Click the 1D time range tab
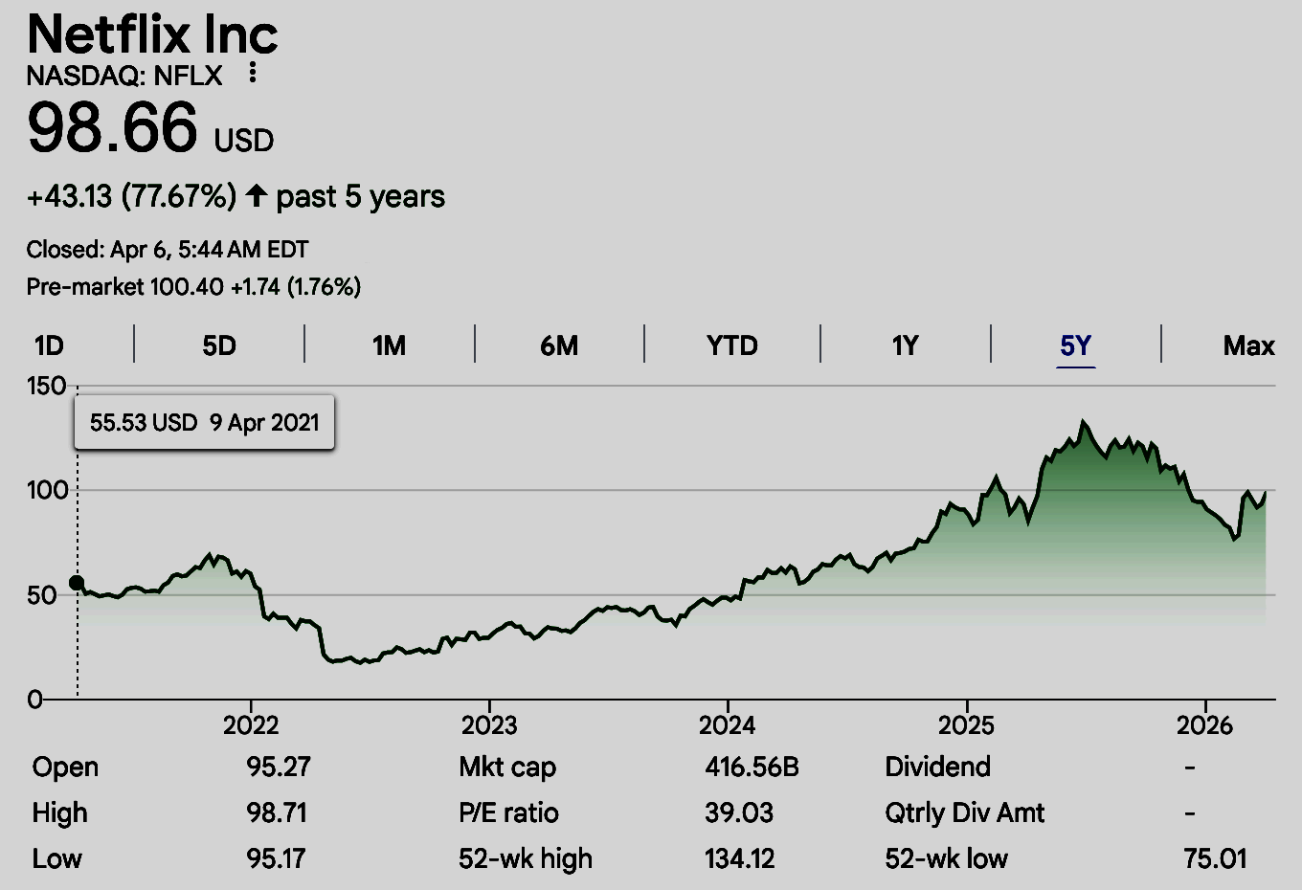point(49,345)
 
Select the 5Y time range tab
point(1075,345)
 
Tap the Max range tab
point(1248,345)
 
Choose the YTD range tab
point(732,345)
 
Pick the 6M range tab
point(559,345)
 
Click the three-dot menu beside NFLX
point(253,73)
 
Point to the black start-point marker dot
point(77,584)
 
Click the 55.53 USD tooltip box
point(204,422)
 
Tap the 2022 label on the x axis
point(251,725)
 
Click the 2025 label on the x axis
point(966,725)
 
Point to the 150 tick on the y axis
point(46,387)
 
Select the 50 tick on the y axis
point(41,595)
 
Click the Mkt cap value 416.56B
point(752,767)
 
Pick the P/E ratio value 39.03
point(739,812)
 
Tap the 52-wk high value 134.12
point(739,858)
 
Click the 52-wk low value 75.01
point(1215,858)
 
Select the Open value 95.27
point(278,767)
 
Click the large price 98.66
point(113,128)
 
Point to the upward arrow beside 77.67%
point(256,196)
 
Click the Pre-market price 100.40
point(187,286)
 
